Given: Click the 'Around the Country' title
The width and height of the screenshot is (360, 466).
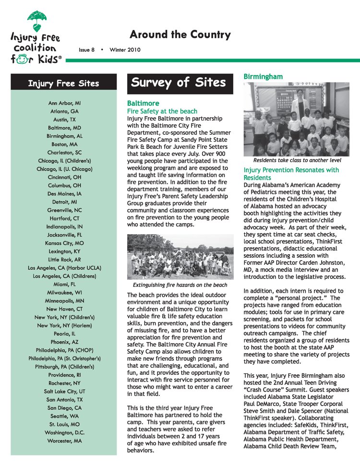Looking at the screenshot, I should tap(180, 35).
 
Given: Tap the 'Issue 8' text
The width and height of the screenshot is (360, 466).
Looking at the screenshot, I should tap(87, 50).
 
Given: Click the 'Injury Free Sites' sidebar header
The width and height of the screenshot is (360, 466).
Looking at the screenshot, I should tap(63, 84).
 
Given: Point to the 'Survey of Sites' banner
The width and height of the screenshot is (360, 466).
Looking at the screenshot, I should tap(179, 83).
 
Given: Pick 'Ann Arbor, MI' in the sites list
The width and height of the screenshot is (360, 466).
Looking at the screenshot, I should tap(64, 103).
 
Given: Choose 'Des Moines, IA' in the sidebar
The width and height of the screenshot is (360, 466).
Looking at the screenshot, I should tap(64, 193).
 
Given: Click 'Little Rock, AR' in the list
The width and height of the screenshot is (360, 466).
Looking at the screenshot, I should tap(64, 259).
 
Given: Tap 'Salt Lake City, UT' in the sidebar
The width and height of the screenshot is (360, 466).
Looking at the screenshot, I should tap(64, 391).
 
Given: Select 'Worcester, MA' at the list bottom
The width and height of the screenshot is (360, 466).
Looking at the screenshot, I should tap(64, 441).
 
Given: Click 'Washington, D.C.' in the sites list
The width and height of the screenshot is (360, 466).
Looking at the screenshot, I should tap(64, 432).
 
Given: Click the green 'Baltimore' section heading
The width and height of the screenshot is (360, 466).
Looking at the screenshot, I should tap(143, 103).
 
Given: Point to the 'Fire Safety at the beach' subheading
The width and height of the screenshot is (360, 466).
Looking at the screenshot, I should tap(162, 111).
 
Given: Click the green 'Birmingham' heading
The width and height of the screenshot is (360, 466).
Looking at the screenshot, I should tap(263, 77).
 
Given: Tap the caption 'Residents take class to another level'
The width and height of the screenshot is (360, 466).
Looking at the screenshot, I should tap(297, 160).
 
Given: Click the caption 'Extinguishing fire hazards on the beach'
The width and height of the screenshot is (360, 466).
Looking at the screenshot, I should tap(180, 285).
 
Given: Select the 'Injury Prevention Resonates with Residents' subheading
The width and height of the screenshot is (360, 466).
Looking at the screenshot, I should tap(291, 174).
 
